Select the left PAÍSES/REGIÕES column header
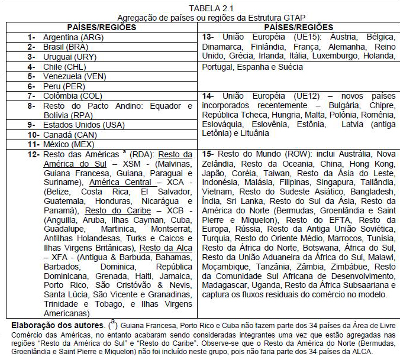coord(102,28)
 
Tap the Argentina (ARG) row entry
coord(73,37)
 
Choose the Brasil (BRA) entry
coord(66,47)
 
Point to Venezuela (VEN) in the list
coord(74,76)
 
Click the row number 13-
coord(208,37)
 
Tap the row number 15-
coord(208,154)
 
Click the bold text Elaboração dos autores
coord(58,325)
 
